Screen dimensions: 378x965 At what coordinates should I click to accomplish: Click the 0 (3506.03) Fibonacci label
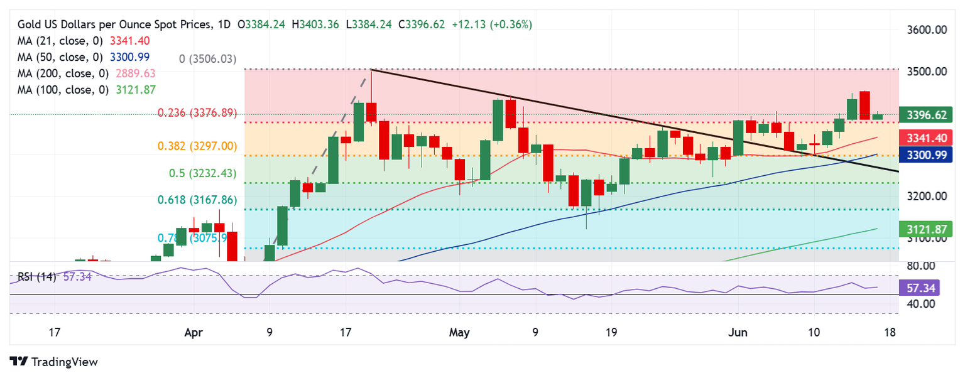pos(207,59)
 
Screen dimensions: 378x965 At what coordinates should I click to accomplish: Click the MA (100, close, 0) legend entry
pos(86,90)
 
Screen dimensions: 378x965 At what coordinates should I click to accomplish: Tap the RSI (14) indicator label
pos(37,276)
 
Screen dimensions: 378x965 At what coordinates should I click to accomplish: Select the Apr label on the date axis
pos(193,332)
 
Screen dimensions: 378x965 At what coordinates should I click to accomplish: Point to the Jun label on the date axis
pos(738,332)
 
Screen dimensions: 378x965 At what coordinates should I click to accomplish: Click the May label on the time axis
pos(460,332)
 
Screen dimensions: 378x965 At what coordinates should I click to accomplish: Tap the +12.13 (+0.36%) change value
pos(492,24)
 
